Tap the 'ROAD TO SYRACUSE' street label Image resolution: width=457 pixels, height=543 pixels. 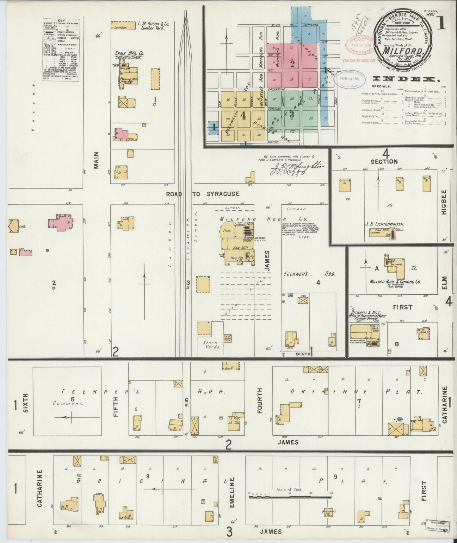click(x=202, y=194)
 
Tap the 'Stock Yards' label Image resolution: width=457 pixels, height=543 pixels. click(x=210, y=345)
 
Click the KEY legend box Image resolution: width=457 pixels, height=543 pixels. click(x=60, y=50)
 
